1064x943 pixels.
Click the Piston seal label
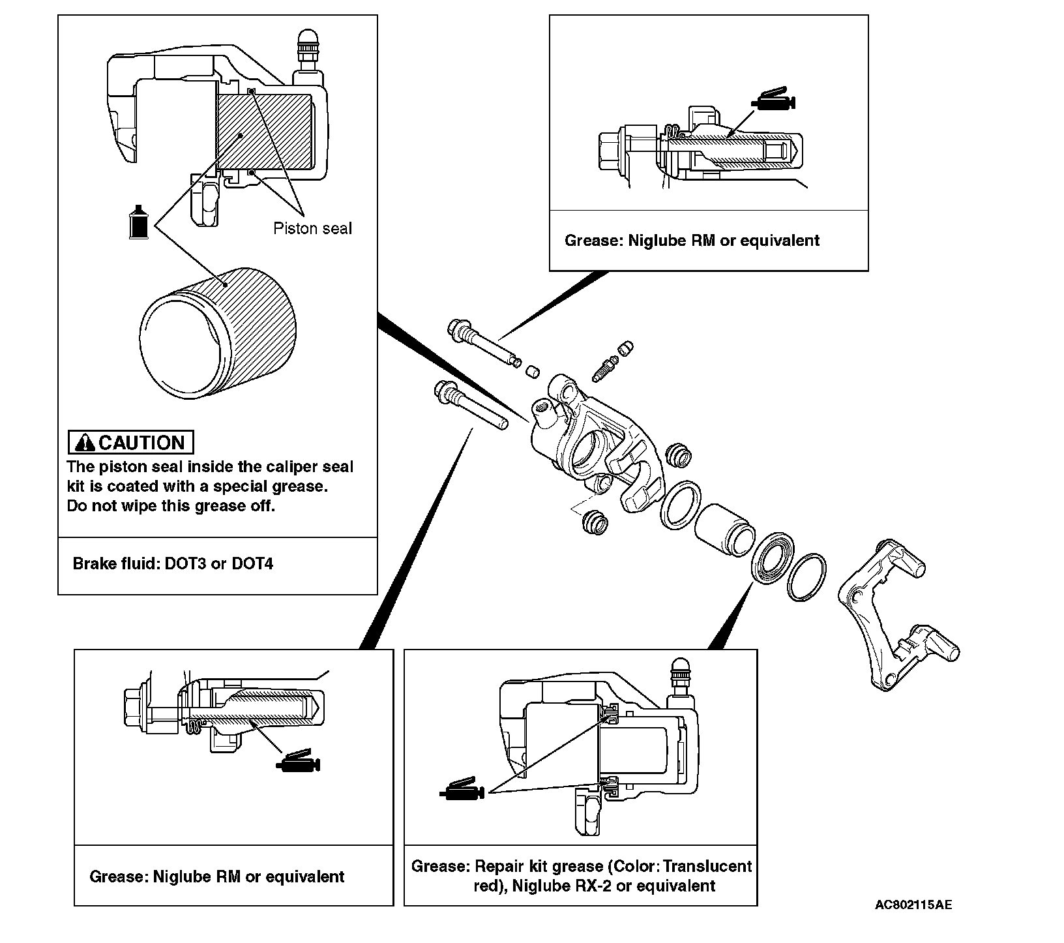312,228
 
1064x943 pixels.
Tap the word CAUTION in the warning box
141,443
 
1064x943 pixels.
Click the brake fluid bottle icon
138,222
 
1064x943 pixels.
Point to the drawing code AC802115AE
913,905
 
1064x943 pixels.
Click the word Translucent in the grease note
712,866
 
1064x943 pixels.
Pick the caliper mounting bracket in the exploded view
896,613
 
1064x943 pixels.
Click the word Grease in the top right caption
591,241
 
